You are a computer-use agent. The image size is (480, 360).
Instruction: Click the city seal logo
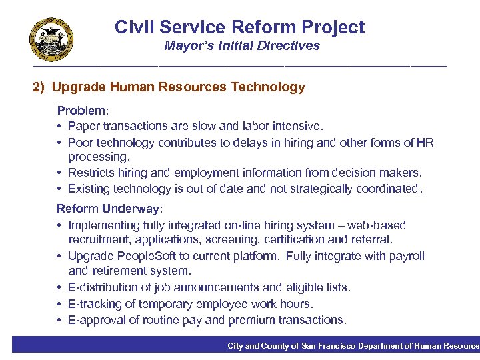point(51,39)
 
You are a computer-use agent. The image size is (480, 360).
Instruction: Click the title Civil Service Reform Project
point(239,27)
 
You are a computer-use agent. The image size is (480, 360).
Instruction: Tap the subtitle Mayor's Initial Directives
point(242,46)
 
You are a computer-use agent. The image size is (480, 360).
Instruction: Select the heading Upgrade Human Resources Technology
point(178,87)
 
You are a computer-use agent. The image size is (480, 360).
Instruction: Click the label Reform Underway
point(109,209)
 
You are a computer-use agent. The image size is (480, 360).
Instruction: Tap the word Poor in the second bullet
point(80,142)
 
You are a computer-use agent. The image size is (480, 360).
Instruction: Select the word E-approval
point(99,320)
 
